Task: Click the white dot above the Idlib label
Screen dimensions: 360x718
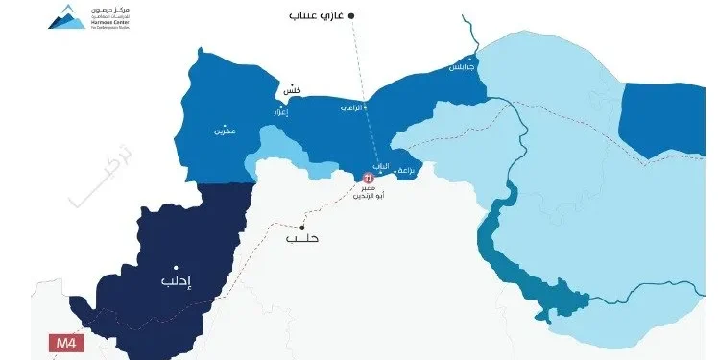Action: [x=175, y=268]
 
